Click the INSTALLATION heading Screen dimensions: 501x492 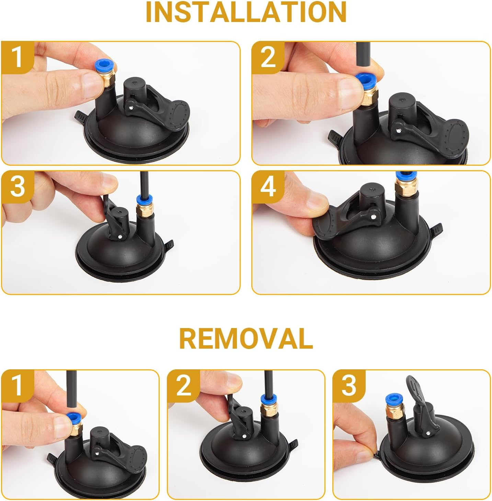tap(246, 12)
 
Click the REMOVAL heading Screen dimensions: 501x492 tap(246, 338)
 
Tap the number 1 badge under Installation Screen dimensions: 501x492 tap(17, 57)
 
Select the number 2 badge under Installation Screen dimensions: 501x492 tap(268, 57)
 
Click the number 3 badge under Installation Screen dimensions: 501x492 tap(17, 187)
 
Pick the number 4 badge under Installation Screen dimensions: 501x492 tap(268, 187)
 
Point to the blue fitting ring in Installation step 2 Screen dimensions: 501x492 tap(365, 80)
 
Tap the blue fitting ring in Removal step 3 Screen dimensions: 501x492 tap(395, 399)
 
